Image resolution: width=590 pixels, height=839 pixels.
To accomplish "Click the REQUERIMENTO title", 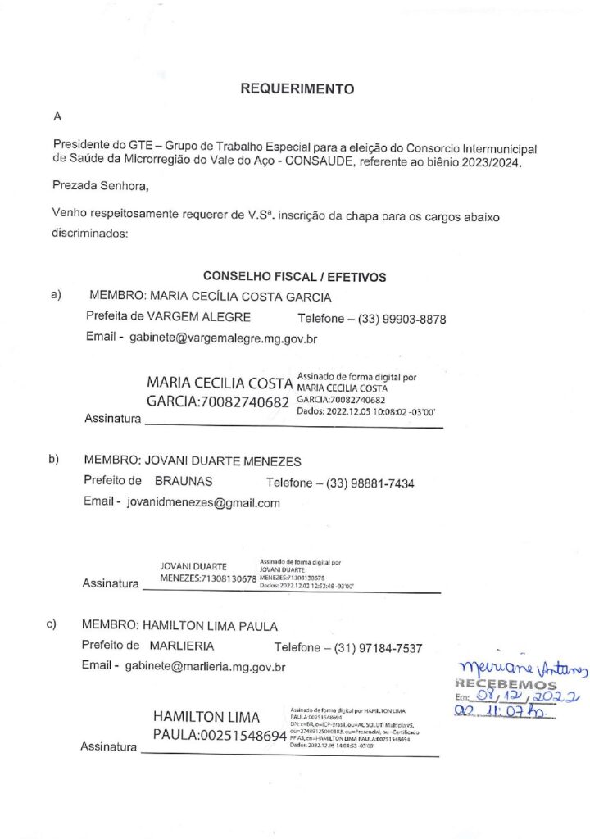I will [x=297, y=89].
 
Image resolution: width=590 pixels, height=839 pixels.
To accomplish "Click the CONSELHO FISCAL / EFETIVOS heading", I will [x=294, y=277].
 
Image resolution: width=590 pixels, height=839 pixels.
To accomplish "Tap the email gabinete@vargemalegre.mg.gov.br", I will [x=223, y=338].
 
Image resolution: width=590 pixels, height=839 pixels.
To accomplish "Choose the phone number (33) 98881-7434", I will [x=370, y=483].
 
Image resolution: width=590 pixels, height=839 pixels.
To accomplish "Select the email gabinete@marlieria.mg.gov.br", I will [x=205, y=667].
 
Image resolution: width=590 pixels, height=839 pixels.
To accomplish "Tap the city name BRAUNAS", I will [x=184, y=482].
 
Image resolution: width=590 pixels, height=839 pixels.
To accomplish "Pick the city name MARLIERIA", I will [x=182, y=646].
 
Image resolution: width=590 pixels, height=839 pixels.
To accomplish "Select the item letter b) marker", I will [x=54, y=459].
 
